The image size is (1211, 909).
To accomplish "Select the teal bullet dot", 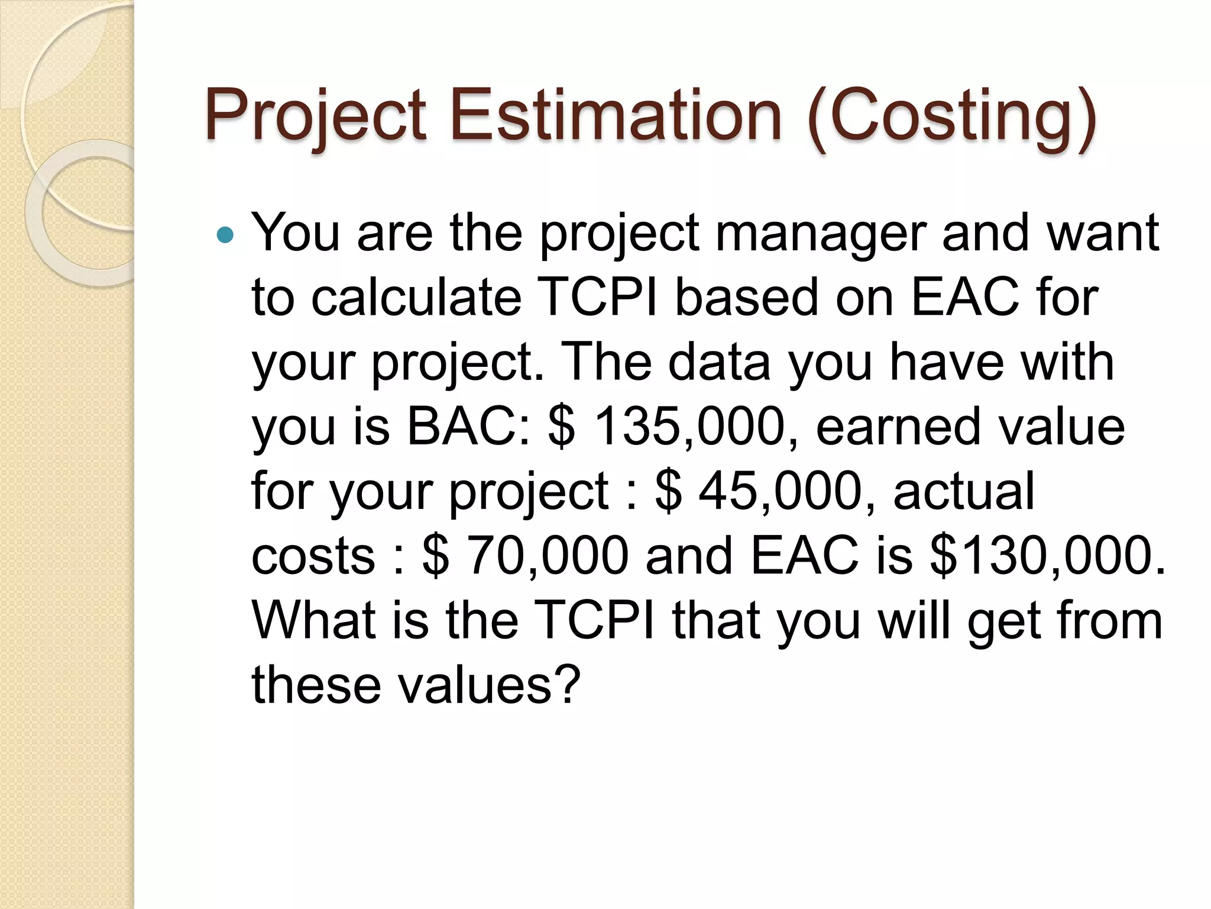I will click(225, 236).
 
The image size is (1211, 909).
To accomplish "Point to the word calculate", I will click(416, 297).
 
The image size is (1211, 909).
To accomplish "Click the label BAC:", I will click(469, 426).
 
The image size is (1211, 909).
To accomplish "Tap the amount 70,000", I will click(548, 555).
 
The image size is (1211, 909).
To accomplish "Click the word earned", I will click(899, 426).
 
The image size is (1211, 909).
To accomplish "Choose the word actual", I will click(964, 491).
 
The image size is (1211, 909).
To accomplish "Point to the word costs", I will click(313, 555).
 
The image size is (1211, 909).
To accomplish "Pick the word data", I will click(719, 362).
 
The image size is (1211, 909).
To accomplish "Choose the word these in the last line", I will click(316, 685).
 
